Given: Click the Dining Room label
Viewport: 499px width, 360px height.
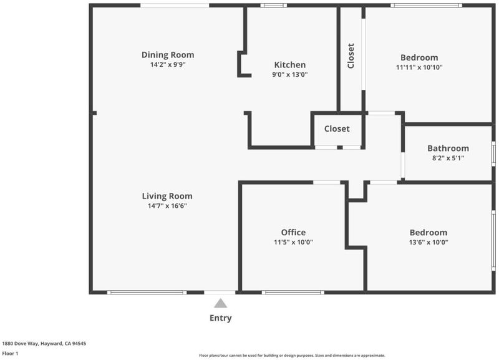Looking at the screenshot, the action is tap(168, 55).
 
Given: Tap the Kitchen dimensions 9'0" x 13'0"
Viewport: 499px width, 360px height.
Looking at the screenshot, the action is tap(290, 74).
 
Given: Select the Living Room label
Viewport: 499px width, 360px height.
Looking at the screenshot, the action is tap(167, 196).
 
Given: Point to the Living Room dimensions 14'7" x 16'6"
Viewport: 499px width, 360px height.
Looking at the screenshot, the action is tap(167, 206).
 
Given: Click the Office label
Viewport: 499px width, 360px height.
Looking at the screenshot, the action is tap(293, 232).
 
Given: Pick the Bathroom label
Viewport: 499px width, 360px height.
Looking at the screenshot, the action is tap(448, 148).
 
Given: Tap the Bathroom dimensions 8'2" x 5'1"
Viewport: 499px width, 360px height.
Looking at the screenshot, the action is tap(448, 158).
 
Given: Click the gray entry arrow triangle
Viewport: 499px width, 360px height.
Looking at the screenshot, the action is tap(221, 303).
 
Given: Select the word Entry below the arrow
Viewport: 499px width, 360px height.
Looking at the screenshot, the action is tap(221, 318).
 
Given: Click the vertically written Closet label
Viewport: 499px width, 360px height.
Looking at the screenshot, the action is tap(351, 56).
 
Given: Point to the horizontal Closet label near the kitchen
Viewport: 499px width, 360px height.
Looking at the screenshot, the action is tap(337, 129).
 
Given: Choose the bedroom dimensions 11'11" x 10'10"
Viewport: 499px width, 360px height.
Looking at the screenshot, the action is tap(419, 67).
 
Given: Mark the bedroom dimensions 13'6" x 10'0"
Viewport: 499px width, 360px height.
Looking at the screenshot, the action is tap(429, 242).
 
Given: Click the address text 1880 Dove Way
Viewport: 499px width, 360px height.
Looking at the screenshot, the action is tap(21, 343).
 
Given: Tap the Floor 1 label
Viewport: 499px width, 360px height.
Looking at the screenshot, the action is tap(10, 353).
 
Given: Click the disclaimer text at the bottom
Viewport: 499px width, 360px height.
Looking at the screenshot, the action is tap(292, 355).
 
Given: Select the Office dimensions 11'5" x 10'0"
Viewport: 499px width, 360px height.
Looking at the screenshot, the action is tap(293, 242).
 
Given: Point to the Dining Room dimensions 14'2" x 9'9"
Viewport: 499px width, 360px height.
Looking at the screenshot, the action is tap(168, 65).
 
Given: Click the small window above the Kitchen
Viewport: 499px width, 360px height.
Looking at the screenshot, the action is tap(273, 5).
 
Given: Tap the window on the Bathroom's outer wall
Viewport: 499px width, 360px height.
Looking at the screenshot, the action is tap(493, 153).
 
